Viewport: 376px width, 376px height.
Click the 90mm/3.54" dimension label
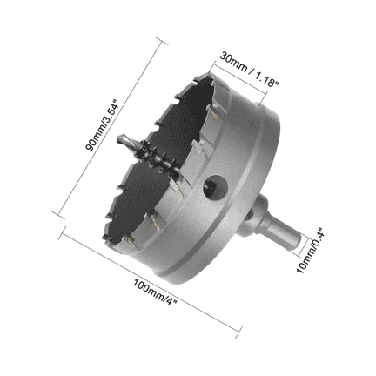click(x=102, y=126)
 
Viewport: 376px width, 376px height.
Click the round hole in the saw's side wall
click(x=213, y=185)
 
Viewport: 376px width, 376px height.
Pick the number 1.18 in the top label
click(x=265, y=77)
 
